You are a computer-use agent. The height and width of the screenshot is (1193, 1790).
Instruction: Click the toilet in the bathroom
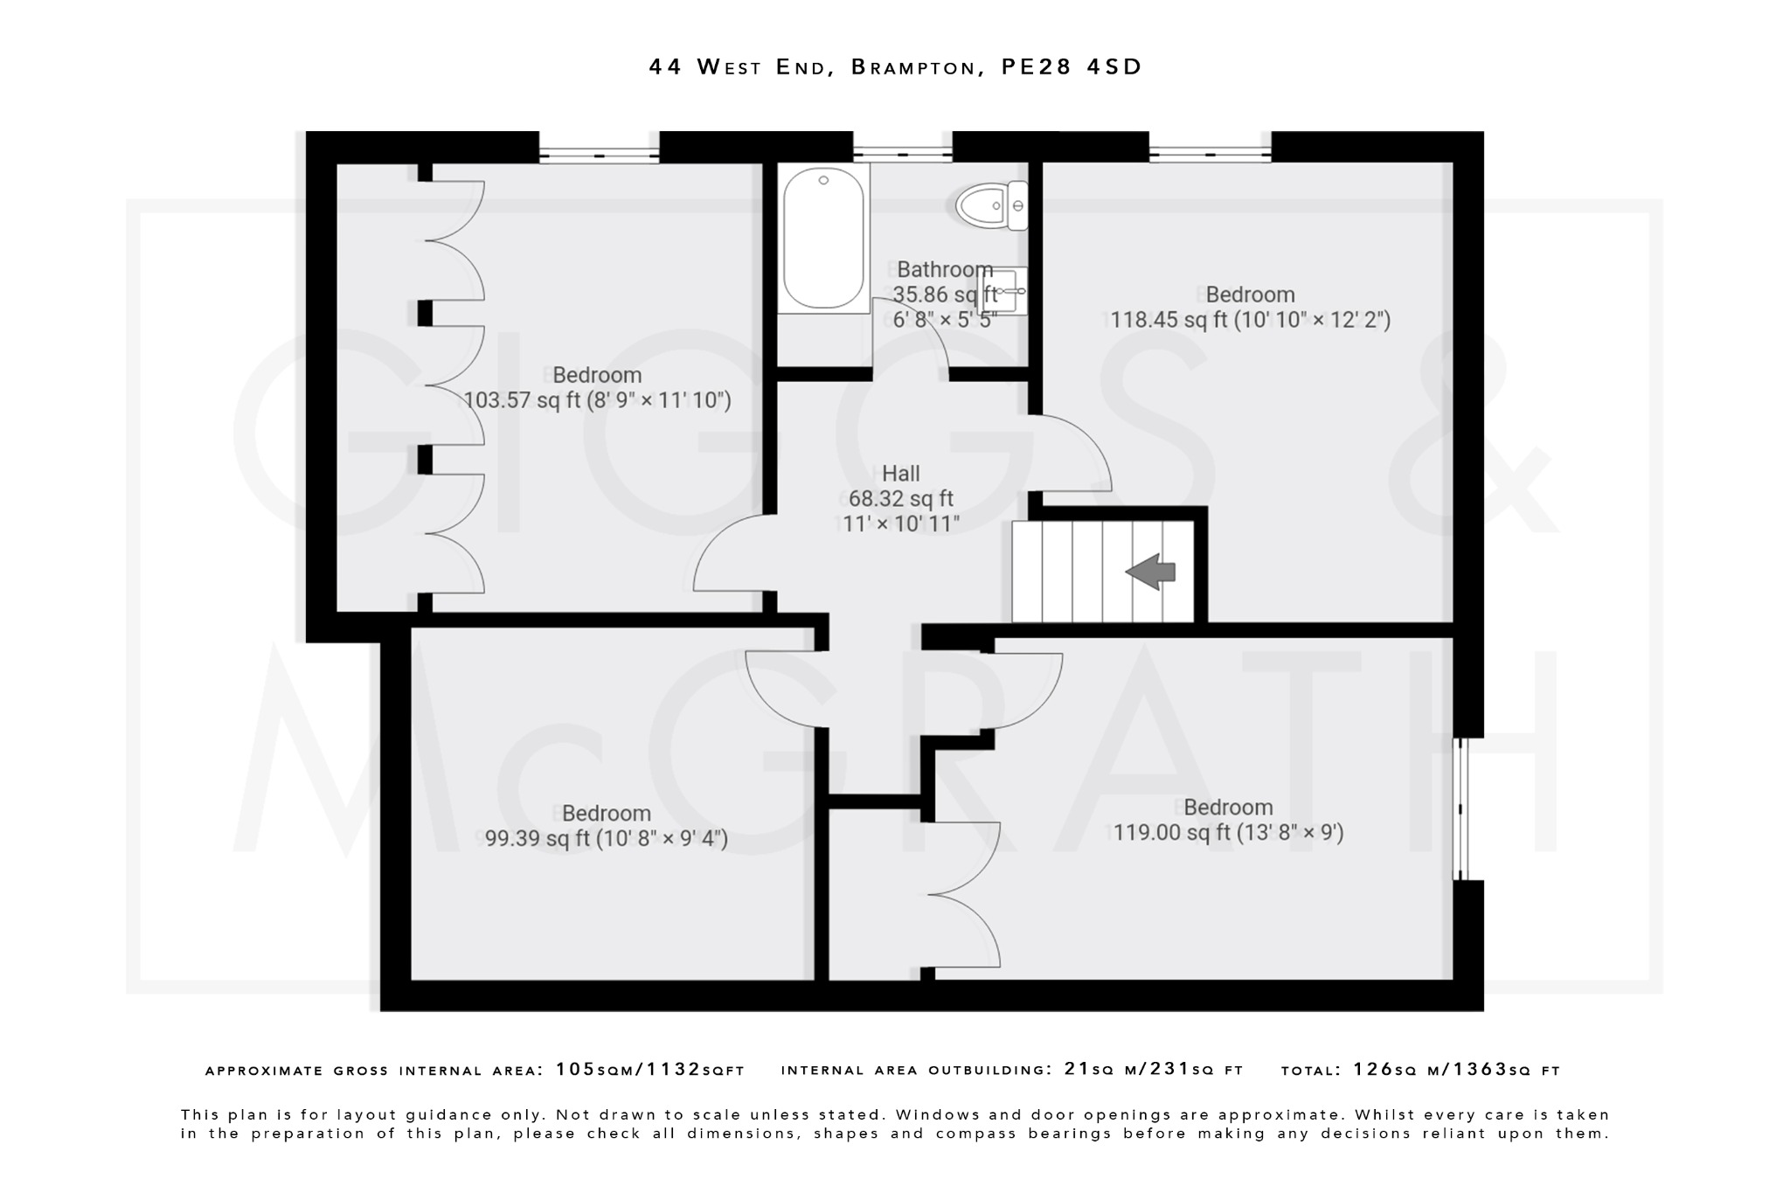(x=991, y=206)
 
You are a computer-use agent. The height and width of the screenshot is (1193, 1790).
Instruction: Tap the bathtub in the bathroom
(x=823, y=238)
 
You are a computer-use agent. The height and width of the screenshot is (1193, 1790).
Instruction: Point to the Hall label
(x=900, y=474)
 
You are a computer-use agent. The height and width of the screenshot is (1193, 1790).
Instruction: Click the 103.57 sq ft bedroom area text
(x=597, y=400)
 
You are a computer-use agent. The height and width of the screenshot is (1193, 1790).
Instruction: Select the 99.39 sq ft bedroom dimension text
(x=606, y=839)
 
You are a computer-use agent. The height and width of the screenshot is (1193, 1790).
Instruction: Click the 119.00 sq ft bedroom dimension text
(x=1228, y=832)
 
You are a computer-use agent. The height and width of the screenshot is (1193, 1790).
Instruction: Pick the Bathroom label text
(x=945, y=269)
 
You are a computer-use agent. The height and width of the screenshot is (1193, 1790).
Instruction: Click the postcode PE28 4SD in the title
(x=1072, y=67)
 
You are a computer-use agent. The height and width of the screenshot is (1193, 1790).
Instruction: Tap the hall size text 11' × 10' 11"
(x=900, y=524)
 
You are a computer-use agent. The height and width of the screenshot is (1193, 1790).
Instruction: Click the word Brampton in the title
(x=913, y=67)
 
